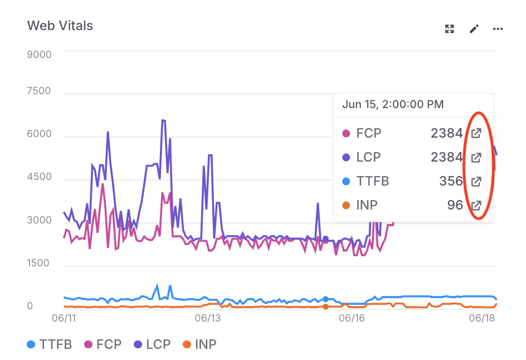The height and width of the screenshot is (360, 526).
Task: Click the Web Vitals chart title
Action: pos(60,26)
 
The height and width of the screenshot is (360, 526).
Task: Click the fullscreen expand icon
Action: pos(450,29)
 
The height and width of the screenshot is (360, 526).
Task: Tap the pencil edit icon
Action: pos(474,29)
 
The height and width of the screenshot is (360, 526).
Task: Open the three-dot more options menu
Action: pos(498,29)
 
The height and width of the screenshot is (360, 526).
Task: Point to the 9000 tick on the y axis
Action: pos(39,55)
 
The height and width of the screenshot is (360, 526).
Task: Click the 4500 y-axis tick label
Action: pos(39,177)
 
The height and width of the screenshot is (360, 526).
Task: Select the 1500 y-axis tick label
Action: pos(39,263)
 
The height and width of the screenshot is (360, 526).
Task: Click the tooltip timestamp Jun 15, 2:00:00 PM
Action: pos(393,104)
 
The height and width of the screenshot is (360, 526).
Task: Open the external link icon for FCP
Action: pos(476,133)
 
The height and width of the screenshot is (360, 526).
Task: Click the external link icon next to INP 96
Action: pos(476,205)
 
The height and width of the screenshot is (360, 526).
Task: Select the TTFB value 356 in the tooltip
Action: pos(450,181)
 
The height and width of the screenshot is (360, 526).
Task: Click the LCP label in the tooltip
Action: pos(368,157)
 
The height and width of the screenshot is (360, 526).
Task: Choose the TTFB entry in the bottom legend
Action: pos(50,344)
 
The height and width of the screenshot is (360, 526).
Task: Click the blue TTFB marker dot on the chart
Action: pos(326,299)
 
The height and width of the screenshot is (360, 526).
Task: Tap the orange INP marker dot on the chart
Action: pos(326,307)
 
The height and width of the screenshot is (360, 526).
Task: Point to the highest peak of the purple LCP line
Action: pos(163,120)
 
